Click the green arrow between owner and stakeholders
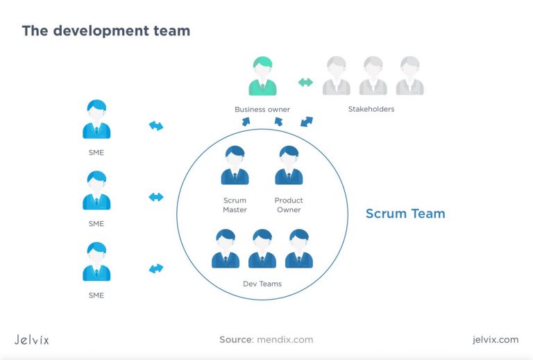(x=305, y=83)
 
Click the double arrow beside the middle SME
(x=156, y=197)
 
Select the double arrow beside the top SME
(x=156, y=126)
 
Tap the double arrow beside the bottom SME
(x=156, y=268)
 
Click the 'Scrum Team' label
(x=405, y=214)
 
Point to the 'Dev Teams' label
(x=262, y=284)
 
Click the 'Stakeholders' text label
(x=371, y=109)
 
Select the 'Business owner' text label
(x=262, y=109)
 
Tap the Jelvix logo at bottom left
(x=32, y=339)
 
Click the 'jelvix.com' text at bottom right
(x=494, y=339)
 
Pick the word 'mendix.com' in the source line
(x=285, y=339)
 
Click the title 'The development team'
(x=105, y=31)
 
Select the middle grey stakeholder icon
(x=373, y=76)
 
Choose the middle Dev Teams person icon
(x=262, y=249)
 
